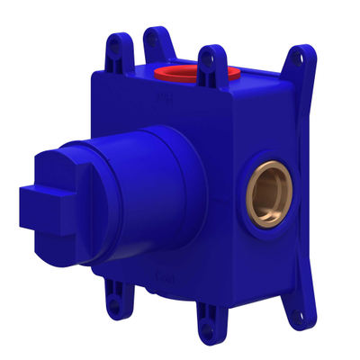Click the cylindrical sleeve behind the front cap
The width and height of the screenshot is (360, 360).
coord(153,180)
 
